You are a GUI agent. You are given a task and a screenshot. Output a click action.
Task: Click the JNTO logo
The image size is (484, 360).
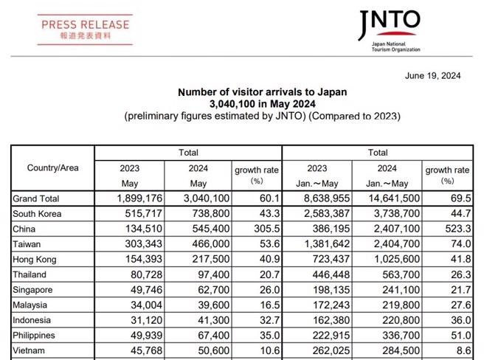coord(389,30)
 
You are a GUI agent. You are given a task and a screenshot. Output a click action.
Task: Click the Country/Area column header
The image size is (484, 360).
coord(52,168)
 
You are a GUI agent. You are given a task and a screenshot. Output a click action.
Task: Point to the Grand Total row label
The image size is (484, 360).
coord(36,198)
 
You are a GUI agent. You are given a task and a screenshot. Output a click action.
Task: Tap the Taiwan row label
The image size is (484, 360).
coord(28,244)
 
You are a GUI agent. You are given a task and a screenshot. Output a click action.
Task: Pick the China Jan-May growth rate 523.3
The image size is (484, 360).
coord(454,229)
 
